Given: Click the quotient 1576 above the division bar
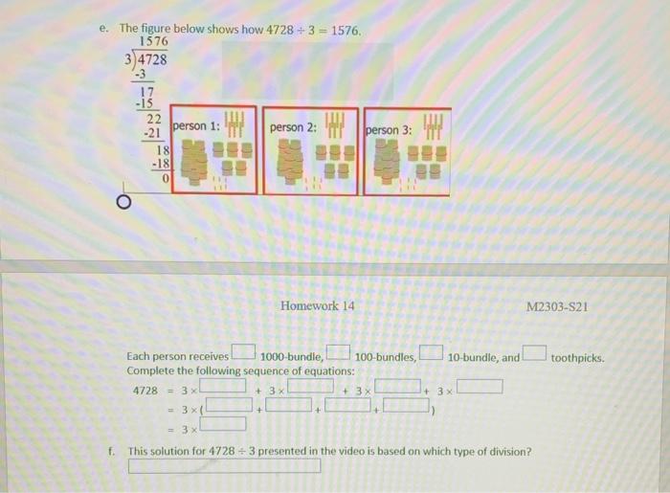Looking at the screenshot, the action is click(153, 42).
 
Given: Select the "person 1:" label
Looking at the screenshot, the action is click(196, 126).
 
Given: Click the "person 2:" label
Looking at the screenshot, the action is click(293, 126).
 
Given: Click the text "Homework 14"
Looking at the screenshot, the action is click(318, 305).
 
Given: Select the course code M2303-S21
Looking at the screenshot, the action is click(556, 306).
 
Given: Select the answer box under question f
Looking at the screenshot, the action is click(224, 466).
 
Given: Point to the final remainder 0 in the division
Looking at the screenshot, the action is click(166, 177).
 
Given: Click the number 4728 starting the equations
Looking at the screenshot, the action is click(146, 391).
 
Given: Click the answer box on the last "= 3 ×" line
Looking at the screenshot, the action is click(223, 424).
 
